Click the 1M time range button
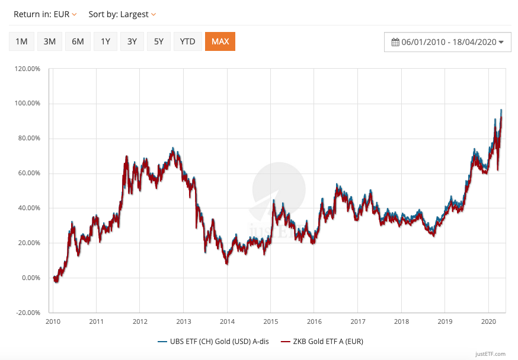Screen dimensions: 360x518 (x=21, y=41)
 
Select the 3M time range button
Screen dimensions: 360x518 (x=50, y=41)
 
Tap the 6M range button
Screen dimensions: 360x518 (x=78, y=41)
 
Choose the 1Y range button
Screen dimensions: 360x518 (x=105, y=41)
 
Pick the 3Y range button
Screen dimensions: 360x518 (x=132, y=41)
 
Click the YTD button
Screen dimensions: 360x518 (x=187, y=41)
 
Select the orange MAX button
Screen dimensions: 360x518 (x=220, y=41)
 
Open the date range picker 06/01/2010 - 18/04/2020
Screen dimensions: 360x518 (x=447, y=42)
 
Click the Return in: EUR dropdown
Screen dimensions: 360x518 (x=45, y=14)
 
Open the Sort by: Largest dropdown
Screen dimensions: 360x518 (x=122, y=14)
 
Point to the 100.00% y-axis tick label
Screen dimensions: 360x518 (x=28, y=104)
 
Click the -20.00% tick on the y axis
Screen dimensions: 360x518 (x=28, y=313)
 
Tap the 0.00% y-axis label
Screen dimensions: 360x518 (x=30, y=278)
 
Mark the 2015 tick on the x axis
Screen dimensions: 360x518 (x=270, y=322)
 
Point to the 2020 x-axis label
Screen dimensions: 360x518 (x=488, y=322)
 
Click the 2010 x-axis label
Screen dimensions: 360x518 (x=53, y=322)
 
